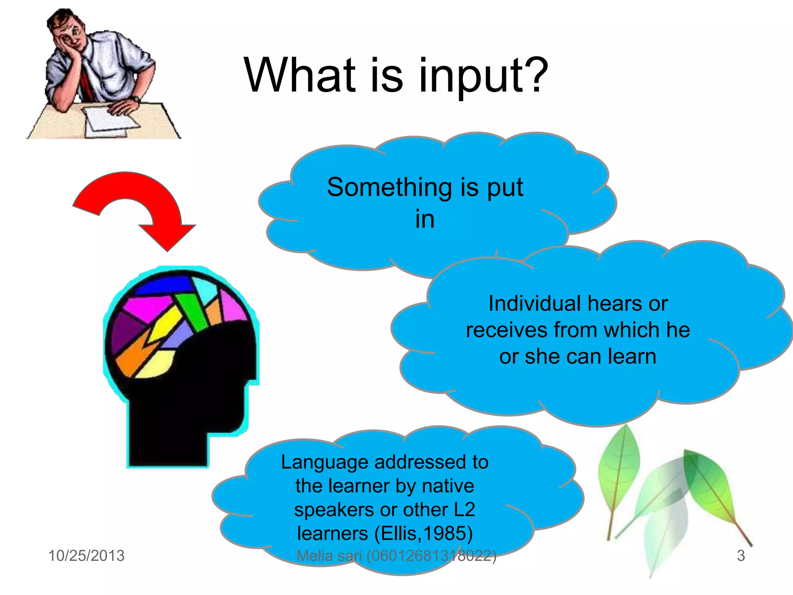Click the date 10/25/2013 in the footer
coord(86,555)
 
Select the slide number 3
coord(740,555)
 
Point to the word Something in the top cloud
coord(389,187)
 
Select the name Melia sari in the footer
coord(329,556)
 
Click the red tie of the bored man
coord(87,83)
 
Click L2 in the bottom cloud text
coord(464,509)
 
